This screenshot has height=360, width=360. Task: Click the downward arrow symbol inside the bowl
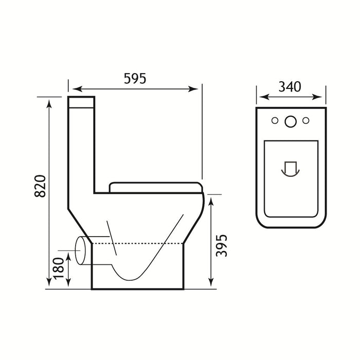pos(291,168)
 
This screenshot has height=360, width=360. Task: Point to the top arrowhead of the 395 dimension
pos(211,202)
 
